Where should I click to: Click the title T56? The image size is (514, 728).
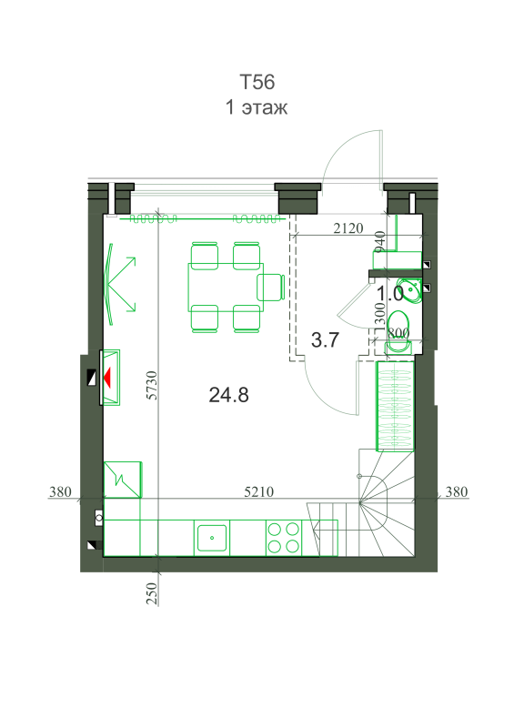[257, 82]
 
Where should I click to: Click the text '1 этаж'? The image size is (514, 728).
[257, 107]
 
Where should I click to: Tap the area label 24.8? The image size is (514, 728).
[228, 395]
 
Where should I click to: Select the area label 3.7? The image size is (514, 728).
[325, 339]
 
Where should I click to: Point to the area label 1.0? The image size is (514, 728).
[389, 294]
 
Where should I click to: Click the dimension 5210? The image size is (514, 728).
[258, 491]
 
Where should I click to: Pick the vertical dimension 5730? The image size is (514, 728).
[152, 385]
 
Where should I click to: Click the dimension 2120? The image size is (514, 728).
[348, 228]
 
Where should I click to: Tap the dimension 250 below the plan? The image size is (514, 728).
[152, 593]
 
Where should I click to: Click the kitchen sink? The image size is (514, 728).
[212, 538]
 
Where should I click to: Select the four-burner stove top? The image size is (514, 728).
[283, 538]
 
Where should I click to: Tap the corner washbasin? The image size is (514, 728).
[409, 290]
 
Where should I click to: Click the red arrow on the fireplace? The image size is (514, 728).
[107, 377]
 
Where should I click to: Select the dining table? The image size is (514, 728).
[226, 288]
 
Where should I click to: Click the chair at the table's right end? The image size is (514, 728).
[270, 288]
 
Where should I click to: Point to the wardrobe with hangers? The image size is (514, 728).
[395, 406]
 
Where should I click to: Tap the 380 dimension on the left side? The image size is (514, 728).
[60, 491]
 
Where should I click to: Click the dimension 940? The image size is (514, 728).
[379, 241]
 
